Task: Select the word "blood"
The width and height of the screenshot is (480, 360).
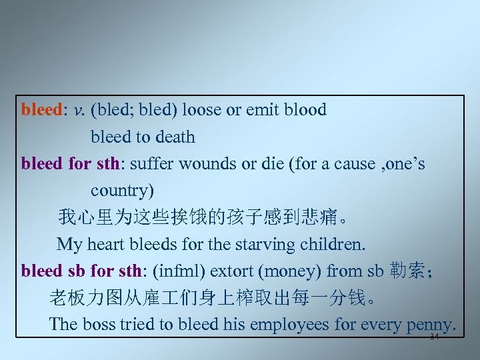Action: pyautogui.click(x=305, y=110)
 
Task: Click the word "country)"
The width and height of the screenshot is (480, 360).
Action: pyautogui.click(x=122, y=191)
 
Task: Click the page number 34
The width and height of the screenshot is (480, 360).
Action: pyautogui.click(x=434, y=337)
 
